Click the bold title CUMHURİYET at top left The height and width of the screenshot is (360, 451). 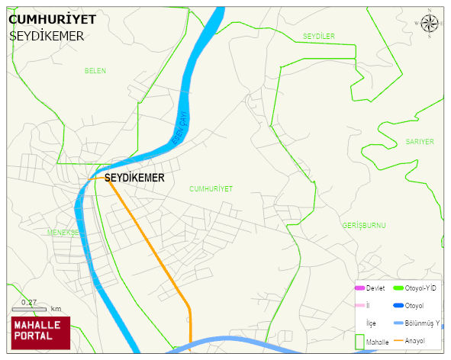(52, 20)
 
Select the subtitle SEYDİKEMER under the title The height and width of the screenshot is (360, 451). (47, 36)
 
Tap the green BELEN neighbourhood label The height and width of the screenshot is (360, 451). (95, 71)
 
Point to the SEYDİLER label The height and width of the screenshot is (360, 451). (318, 37)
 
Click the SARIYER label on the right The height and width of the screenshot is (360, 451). (420, 142)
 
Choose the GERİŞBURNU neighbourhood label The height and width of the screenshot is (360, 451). (364, 226)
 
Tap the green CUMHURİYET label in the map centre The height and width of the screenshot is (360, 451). (211, 188)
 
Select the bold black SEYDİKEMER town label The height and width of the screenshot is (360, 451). (134, 178)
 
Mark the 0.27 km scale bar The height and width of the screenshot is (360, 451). (30, 309)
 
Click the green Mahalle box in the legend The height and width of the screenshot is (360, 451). (359, 342)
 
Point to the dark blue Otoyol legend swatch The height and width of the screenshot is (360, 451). (398, 305)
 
